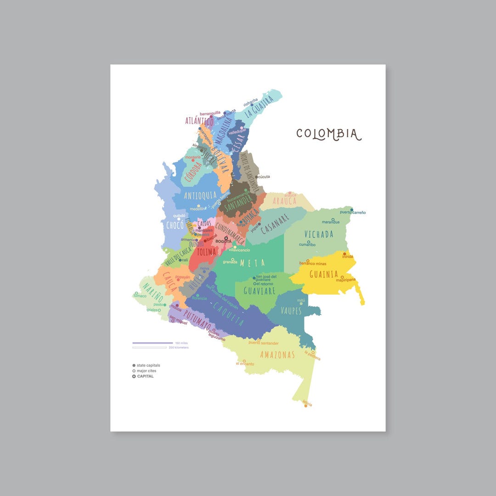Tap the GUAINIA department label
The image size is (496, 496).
[324, 274]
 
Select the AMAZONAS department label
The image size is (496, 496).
[277, 355]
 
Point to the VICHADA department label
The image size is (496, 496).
[319, 234]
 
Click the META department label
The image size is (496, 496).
[253, 263]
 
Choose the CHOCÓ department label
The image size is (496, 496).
[175, 225]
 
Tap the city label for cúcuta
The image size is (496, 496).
[264, 176]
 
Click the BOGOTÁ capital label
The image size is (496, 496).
[223, 241]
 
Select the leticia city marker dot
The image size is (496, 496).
[306, 406]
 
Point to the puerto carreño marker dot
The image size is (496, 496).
[352, 209]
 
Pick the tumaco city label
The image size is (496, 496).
[140, 296]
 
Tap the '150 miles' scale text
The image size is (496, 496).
[181, 343]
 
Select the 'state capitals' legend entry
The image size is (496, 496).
[148, 365]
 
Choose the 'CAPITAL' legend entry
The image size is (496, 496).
[145, 376]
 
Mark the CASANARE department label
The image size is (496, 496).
[274, 224]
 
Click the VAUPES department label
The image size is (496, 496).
[291, 311]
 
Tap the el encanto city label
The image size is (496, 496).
[245, 364]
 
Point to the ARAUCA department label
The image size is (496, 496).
[285, 201]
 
